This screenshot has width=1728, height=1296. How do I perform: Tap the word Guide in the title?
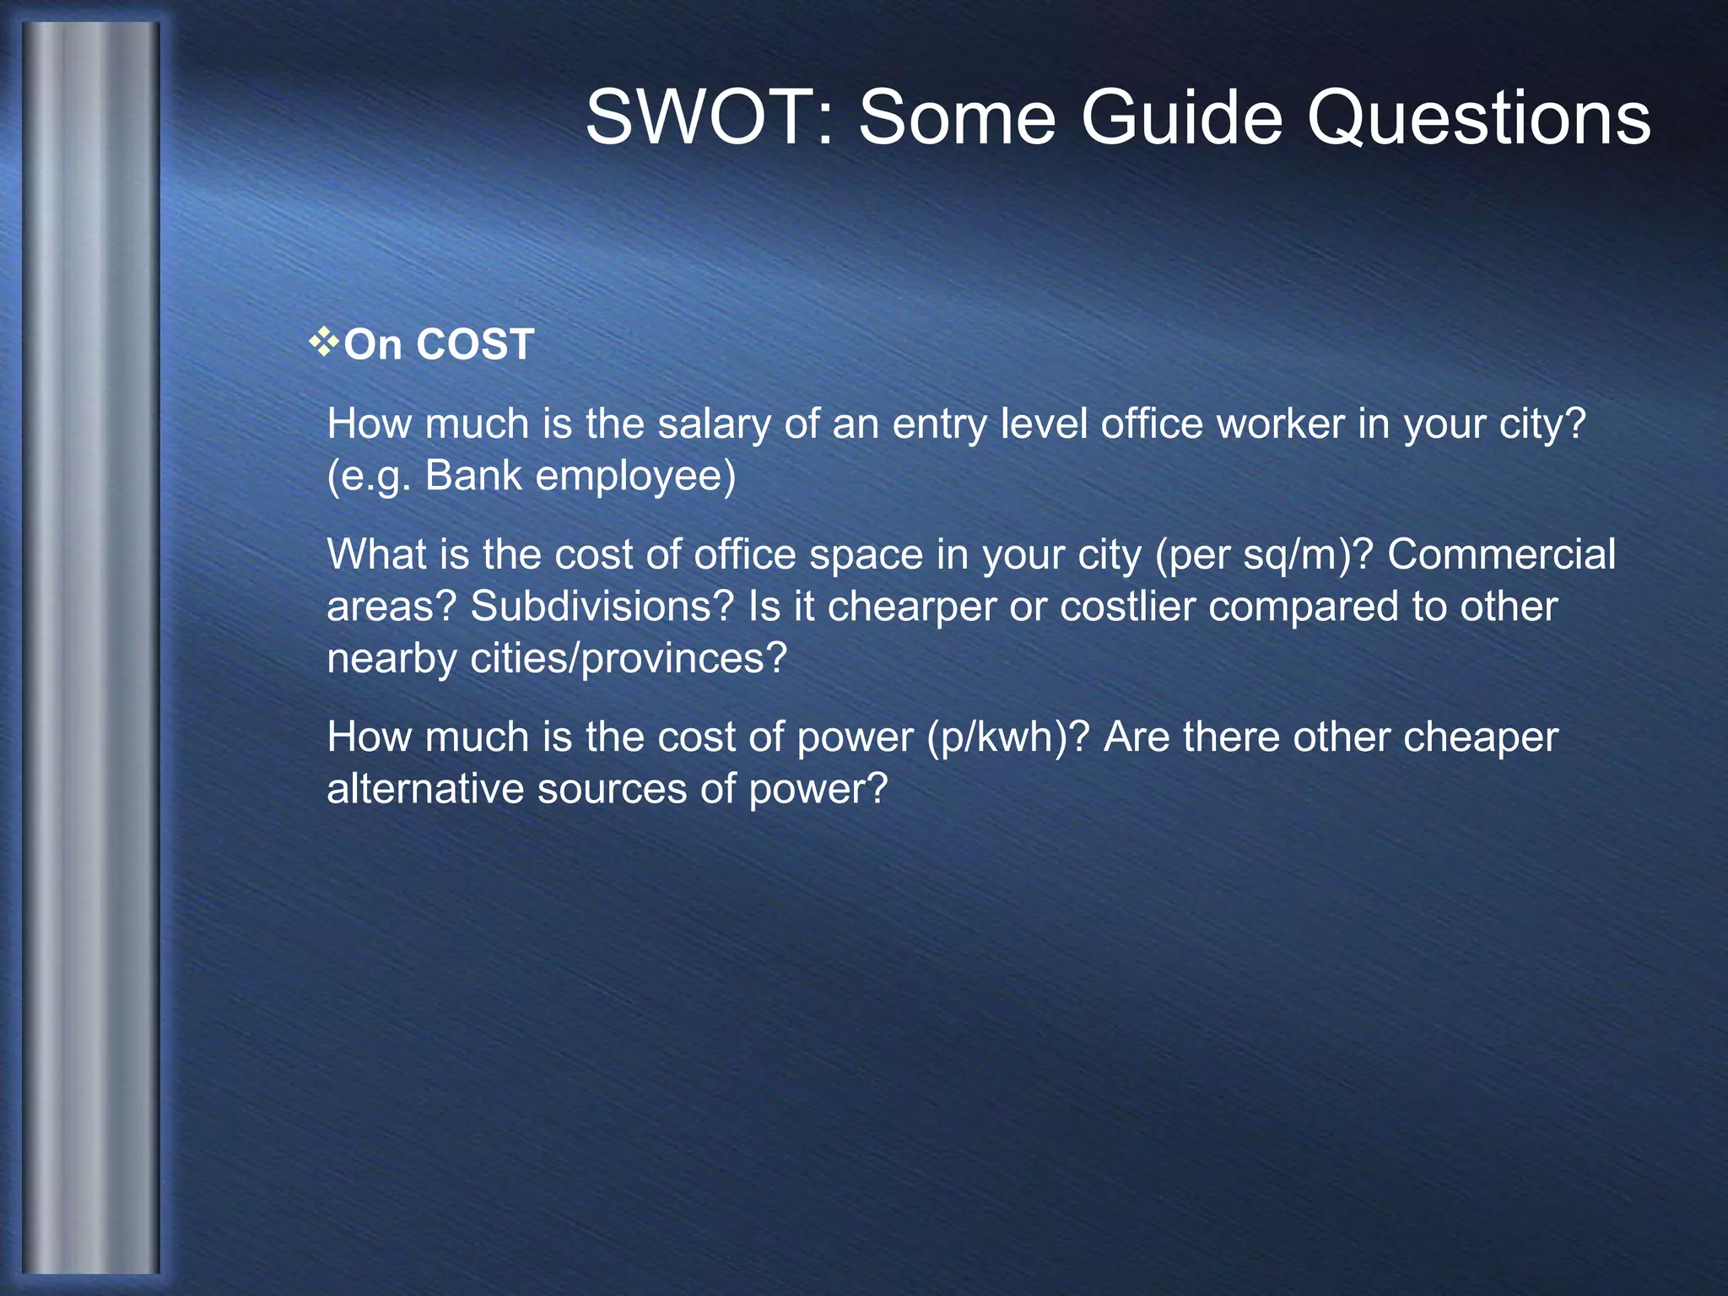1182,118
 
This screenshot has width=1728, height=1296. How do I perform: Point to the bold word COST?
474,345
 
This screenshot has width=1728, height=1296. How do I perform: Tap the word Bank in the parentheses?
473,476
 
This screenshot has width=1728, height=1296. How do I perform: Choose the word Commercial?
1501,554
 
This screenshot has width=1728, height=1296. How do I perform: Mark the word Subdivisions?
602,607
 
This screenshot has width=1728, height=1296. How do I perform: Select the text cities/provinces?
629,659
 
